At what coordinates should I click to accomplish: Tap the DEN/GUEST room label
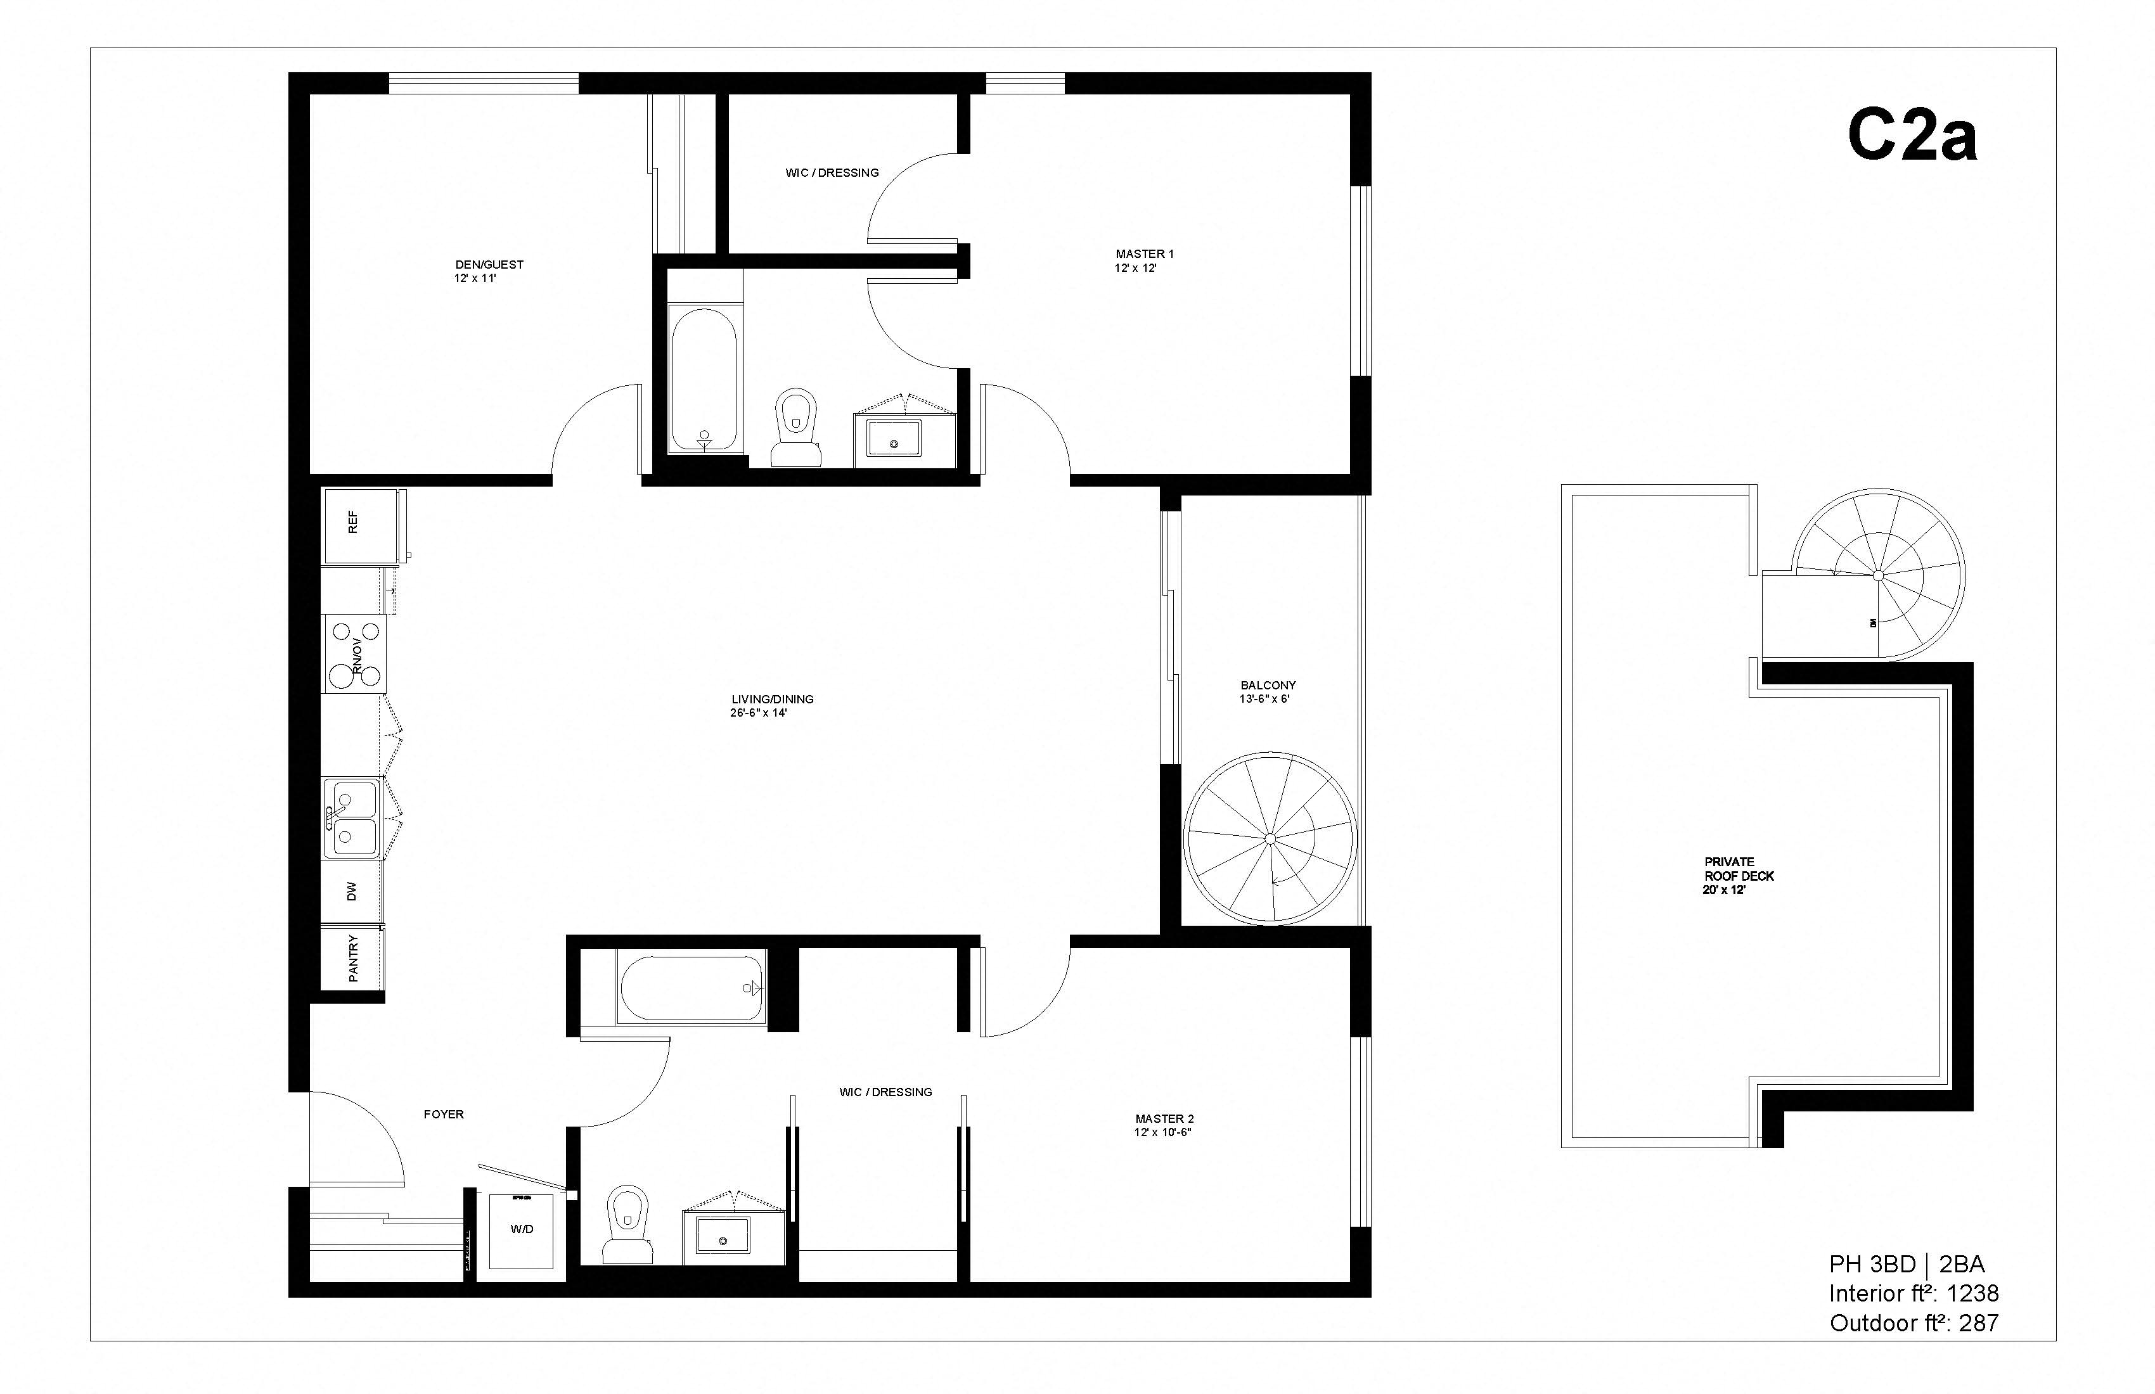point(489,264)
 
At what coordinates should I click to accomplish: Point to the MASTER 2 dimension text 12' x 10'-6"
point(1162,1132)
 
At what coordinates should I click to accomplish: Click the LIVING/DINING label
point(773,699)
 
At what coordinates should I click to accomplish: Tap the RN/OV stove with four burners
point(355,655)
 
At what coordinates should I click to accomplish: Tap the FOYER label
point(444,1115)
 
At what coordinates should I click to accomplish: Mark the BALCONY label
point(1268,685)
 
